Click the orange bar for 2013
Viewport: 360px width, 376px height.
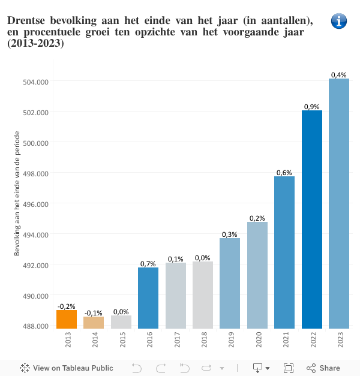point(67,319)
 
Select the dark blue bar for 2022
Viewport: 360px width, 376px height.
point(312,219)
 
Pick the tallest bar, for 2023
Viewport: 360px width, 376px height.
point(339,204)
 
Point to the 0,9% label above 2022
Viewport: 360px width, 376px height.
point(312,106)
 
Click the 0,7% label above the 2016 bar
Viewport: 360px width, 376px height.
point(148,263)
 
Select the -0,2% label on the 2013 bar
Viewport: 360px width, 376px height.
point(67,306)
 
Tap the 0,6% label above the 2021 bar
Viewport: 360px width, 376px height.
point(284,173)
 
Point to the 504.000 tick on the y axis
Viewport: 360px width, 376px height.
point(35,82)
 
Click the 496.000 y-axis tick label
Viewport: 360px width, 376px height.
point(35,204)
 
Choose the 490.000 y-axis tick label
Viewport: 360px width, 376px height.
point(35,296)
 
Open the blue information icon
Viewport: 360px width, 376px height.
point(339,21)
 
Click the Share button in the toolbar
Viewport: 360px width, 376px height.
point(323,368)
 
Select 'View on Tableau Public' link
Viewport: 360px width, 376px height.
point(67,368)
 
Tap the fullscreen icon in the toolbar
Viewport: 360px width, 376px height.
point(288,368)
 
